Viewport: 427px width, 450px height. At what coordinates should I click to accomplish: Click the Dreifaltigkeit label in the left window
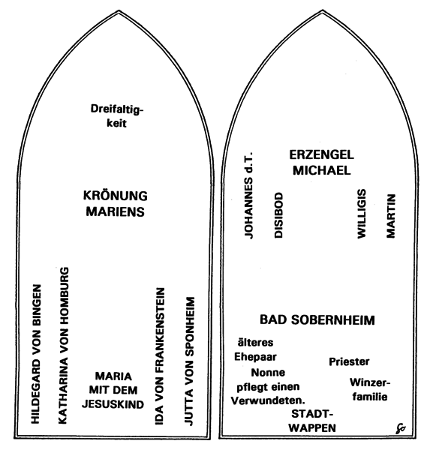pyautogui.click(x=116, y=116)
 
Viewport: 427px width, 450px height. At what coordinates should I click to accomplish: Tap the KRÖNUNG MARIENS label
pyautogui.click(x=116, y=204)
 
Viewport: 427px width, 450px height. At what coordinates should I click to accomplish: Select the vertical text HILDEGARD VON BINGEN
pyautogui.click(x=36, y=354)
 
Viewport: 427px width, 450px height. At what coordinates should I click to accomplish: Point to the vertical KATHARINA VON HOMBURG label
pyautogui.click(x=64, y=345)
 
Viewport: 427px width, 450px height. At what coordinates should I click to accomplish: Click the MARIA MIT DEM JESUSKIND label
pyautogui.click(x=113, y=390)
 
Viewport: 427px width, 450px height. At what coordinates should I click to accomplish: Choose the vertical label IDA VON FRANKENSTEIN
pyautogui.click(x=160, y=356)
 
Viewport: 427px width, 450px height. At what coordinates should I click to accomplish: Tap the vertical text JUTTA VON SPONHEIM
pyautogui.click(x=189, y=361)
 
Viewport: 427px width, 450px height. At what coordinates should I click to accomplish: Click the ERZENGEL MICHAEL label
pyautogui.click(x=322, y=163)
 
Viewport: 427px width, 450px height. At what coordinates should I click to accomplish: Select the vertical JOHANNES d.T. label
pyautogui.click(x=248, y=195)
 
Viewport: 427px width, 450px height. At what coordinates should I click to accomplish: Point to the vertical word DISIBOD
pyautogui.click(x=278, y=215)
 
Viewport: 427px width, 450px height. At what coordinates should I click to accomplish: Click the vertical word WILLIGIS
pyautogui.click(x=362, y=214)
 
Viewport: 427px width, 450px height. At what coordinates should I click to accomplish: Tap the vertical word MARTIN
pyautogui.click(x=391, y=216)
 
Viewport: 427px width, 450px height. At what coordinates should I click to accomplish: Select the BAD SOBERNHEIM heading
pyautogui.click(x=317, y=320)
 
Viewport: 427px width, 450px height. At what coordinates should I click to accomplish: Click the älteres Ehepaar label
pyautogui.click(x=255, y=349)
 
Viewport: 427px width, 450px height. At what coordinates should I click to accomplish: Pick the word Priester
pyautogui.click(x=349, y=361)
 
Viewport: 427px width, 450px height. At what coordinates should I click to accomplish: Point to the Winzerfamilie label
pyautogui.click(x=370, y=390)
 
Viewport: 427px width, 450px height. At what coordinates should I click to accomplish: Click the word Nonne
pyautogui.click(x=268, y=373)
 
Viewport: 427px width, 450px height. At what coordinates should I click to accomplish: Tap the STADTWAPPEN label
pyautogui.click(x=312, y=421)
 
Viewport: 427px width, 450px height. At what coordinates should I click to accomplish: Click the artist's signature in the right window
pyautogui.click(x=401, y=428)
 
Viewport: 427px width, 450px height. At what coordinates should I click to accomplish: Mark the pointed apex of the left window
pyautogui.click(x=119, y=10)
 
